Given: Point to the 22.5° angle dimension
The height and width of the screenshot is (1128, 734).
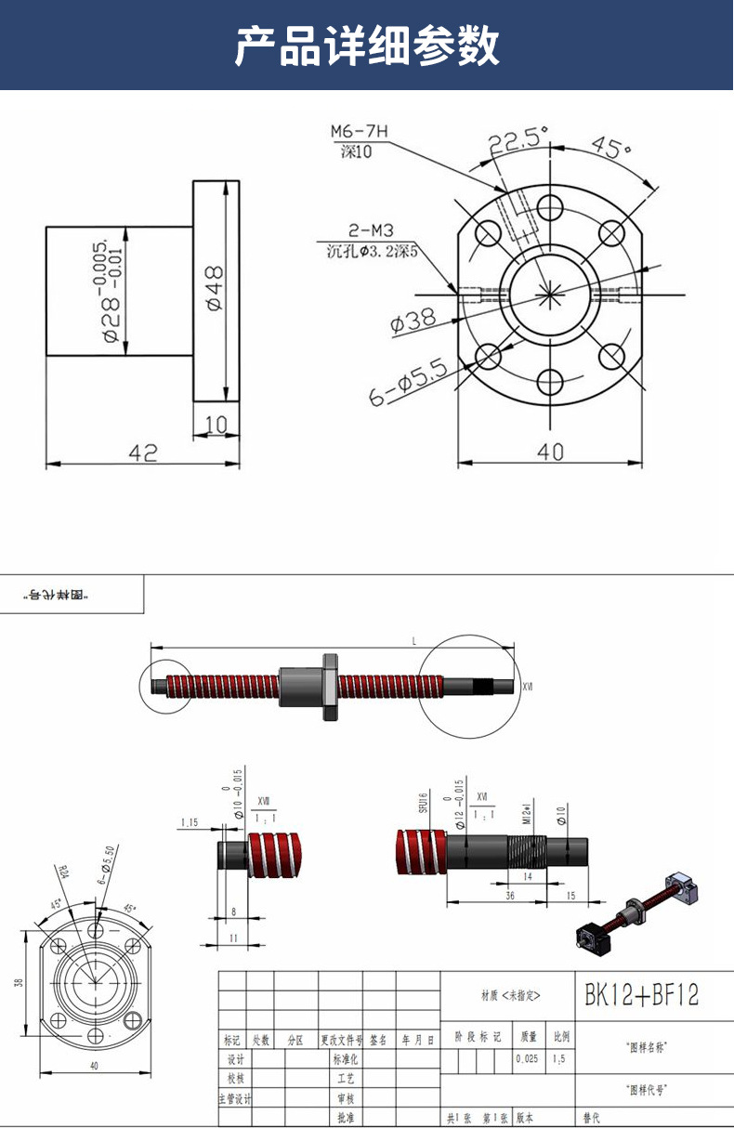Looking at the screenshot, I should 518,140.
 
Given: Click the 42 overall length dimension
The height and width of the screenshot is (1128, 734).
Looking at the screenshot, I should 142,452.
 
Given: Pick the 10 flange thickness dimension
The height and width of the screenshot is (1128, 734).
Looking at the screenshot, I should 216,424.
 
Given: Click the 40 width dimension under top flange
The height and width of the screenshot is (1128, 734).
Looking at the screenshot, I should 551,451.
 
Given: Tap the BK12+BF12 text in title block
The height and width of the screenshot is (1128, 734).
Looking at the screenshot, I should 641,995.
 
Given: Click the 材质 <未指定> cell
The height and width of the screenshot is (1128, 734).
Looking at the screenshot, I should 509,995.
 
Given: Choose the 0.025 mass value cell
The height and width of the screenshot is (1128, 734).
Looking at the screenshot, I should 528,1058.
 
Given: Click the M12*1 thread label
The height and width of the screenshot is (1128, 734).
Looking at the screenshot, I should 526,814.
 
